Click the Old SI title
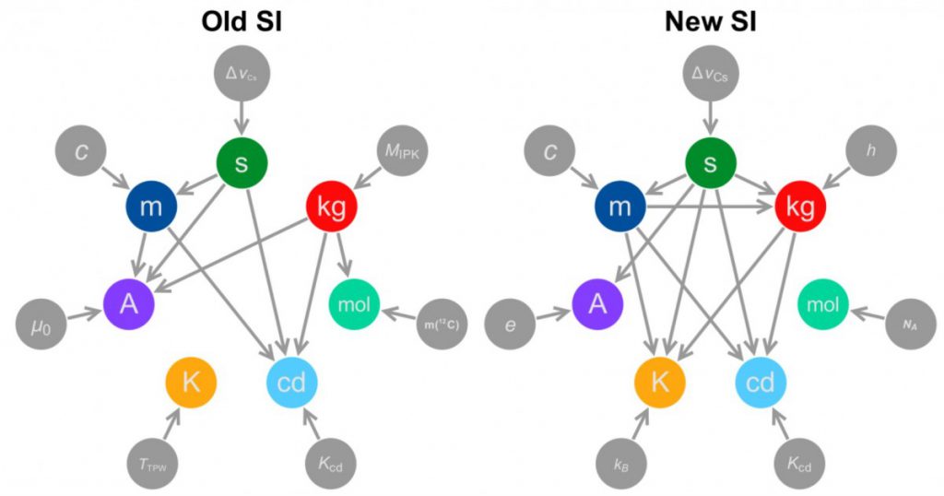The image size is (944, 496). (242, 23)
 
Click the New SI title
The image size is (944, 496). (711, 23)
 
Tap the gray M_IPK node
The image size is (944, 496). (402, 150)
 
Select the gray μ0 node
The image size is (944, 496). (41, 325)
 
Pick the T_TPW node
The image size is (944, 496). (153, 464)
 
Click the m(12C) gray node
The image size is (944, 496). (442, 325)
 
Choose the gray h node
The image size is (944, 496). (871, 150)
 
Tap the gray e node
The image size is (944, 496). (511, 325)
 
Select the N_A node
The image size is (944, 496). (911, 325)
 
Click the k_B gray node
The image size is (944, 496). (622, 464)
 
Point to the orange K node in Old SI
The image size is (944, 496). (191, 383)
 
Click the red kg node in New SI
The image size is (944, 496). (801, 207)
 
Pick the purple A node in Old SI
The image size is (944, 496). (129, 304)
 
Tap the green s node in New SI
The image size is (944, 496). (711, 163)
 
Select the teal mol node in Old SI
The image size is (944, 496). (354, 304)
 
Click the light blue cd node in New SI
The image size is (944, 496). (761, 383)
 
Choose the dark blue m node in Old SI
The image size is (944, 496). (151, 207)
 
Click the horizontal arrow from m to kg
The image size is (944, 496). (711, 207)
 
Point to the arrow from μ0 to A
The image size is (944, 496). (85, 314)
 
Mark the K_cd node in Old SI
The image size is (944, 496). (331, 464)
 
